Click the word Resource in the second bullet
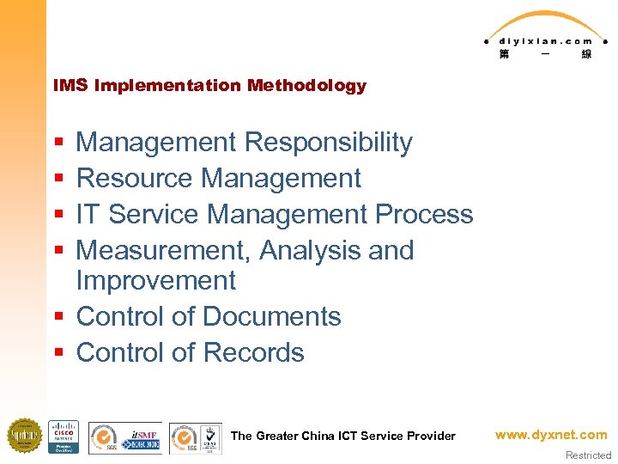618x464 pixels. pos(135,179)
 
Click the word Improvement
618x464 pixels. pos(155,281)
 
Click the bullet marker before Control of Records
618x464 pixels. pos(58,353)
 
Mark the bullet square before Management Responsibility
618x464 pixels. pos(58,143)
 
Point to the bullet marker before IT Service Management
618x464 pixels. pos(58,215)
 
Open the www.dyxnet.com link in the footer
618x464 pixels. pos(550,435)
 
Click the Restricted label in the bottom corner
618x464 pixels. pos(588,455)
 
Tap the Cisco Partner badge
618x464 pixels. pos(63,437)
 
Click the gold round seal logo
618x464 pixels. pos(24,436)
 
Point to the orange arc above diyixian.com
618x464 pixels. pos(546,21)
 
